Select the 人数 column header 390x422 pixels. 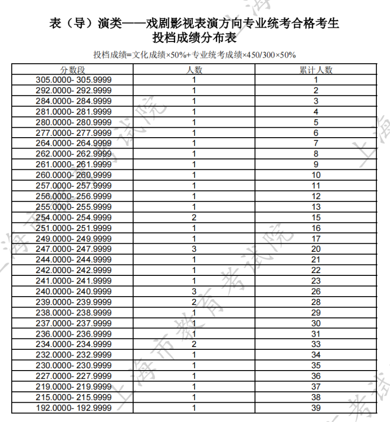[194, 70]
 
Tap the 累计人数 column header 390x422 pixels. [316, 70]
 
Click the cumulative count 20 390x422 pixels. [316, 249]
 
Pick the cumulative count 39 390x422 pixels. [316, 408]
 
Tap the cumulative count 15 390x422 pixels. [316, 217]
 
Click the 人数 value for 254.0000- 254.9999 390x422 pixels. [194, 217]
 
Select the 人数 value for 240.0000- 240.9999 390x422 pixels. [194, 291]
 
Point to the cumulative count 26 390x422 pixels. [316, 291]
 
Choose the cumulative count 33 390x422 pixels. [316, 344]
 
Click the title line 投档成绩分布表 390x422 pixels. [195, 37]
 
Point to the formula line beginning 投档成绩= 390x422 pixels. [195, 55]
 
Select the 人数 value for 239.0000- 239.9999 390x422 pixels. [194, 302]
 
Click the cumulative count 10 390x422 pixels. [316, 175]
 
